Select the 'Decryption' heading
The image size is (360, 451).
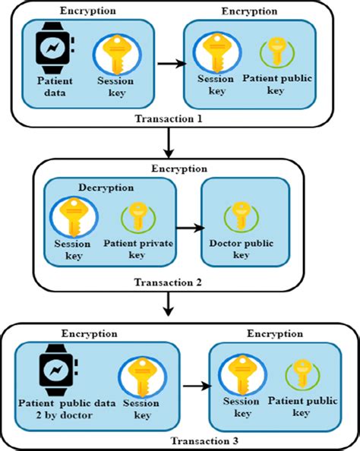pyautogui.click(x=106, y=186)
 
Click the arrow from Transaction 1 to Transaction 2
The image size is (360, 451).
pyautogui.click(x=168, y=143)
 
